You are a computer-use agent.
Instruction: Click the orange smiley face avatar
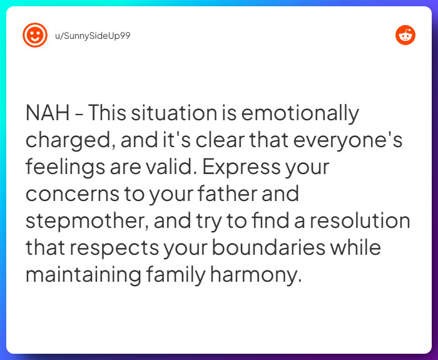(x=35, y=35)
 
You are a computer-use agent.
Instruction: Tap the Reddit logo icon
(x=405, y=35)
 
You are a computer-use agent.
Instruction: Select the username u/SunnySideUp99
(x=93, y=36)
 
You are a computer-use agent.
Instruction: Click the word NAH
(x=48, y=113)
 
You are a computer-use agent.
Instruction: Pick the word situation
(x=174, y=113)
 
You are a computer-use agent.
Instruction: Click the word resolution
(x=360, y=220)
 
